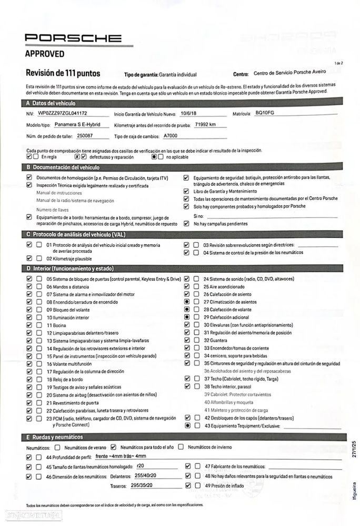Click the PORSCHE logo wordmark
point(73,38)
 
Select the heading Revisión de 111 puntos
point(63,73)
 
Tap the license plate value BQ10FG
point(264,113)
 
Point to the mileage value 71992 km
point(205,124)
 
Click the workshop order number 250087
point(85,135)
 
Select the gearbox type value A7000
point(171,135)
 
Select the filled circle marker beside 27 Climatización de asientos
point(187,302)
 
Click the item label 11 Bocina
point(56,325)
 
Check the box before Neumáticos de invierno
point(181,447)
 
